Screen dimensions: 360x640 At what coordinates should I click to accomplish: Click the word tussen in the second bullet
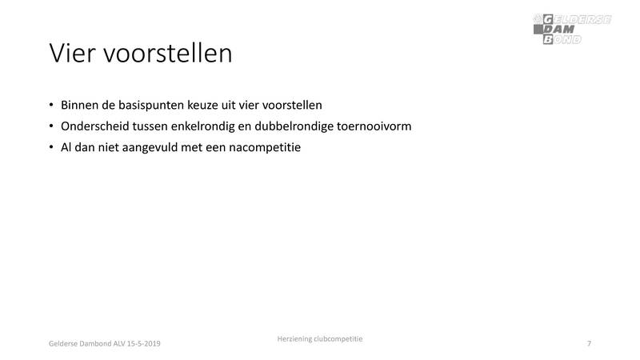pos(152,126)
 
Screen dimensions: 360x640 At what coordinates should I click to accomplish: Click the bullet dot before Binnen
pos(51,106)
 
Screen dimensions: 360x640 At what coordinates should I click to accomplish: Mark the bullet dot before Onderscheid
pos(51,126)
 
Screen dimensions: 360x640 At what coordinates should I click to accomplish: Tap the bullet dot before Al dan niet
pos(51,148)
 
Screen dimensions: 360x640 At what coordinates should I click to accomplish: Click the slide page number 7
pos(589,343)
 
